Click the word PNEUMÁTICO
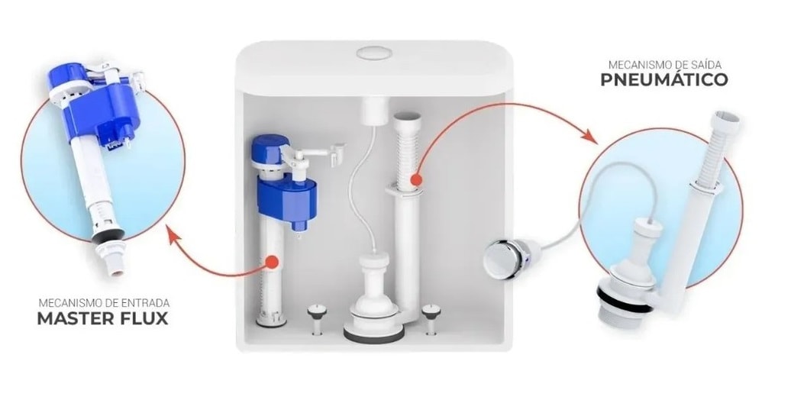point(664,79)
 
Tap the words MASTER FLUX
point(103,318)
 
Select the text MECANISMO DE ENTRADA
point(104,303)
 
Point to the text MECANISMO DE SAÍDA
point(664,65)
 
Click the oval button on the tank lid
point(374,53)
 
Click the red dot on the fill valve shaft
point(272,262)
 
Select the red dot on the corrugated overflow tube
point(415,179)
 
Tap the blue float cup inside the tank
point(287,201)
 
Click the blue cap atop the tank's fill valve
point(271,147)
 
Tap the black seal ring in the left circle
point(108,236)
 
